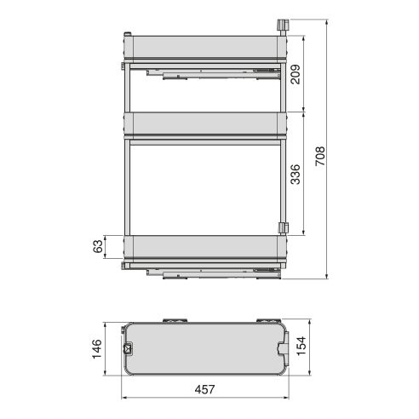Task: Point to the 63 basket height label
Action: click(99, 247)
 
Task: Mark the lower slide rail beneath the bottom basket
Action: click(213, 273)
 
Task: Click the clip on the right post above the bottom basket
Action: click(284, 227)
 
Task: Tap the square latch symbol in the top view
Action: click(129, 347)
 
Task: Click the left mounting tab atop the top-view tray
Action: click(177, 321)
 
